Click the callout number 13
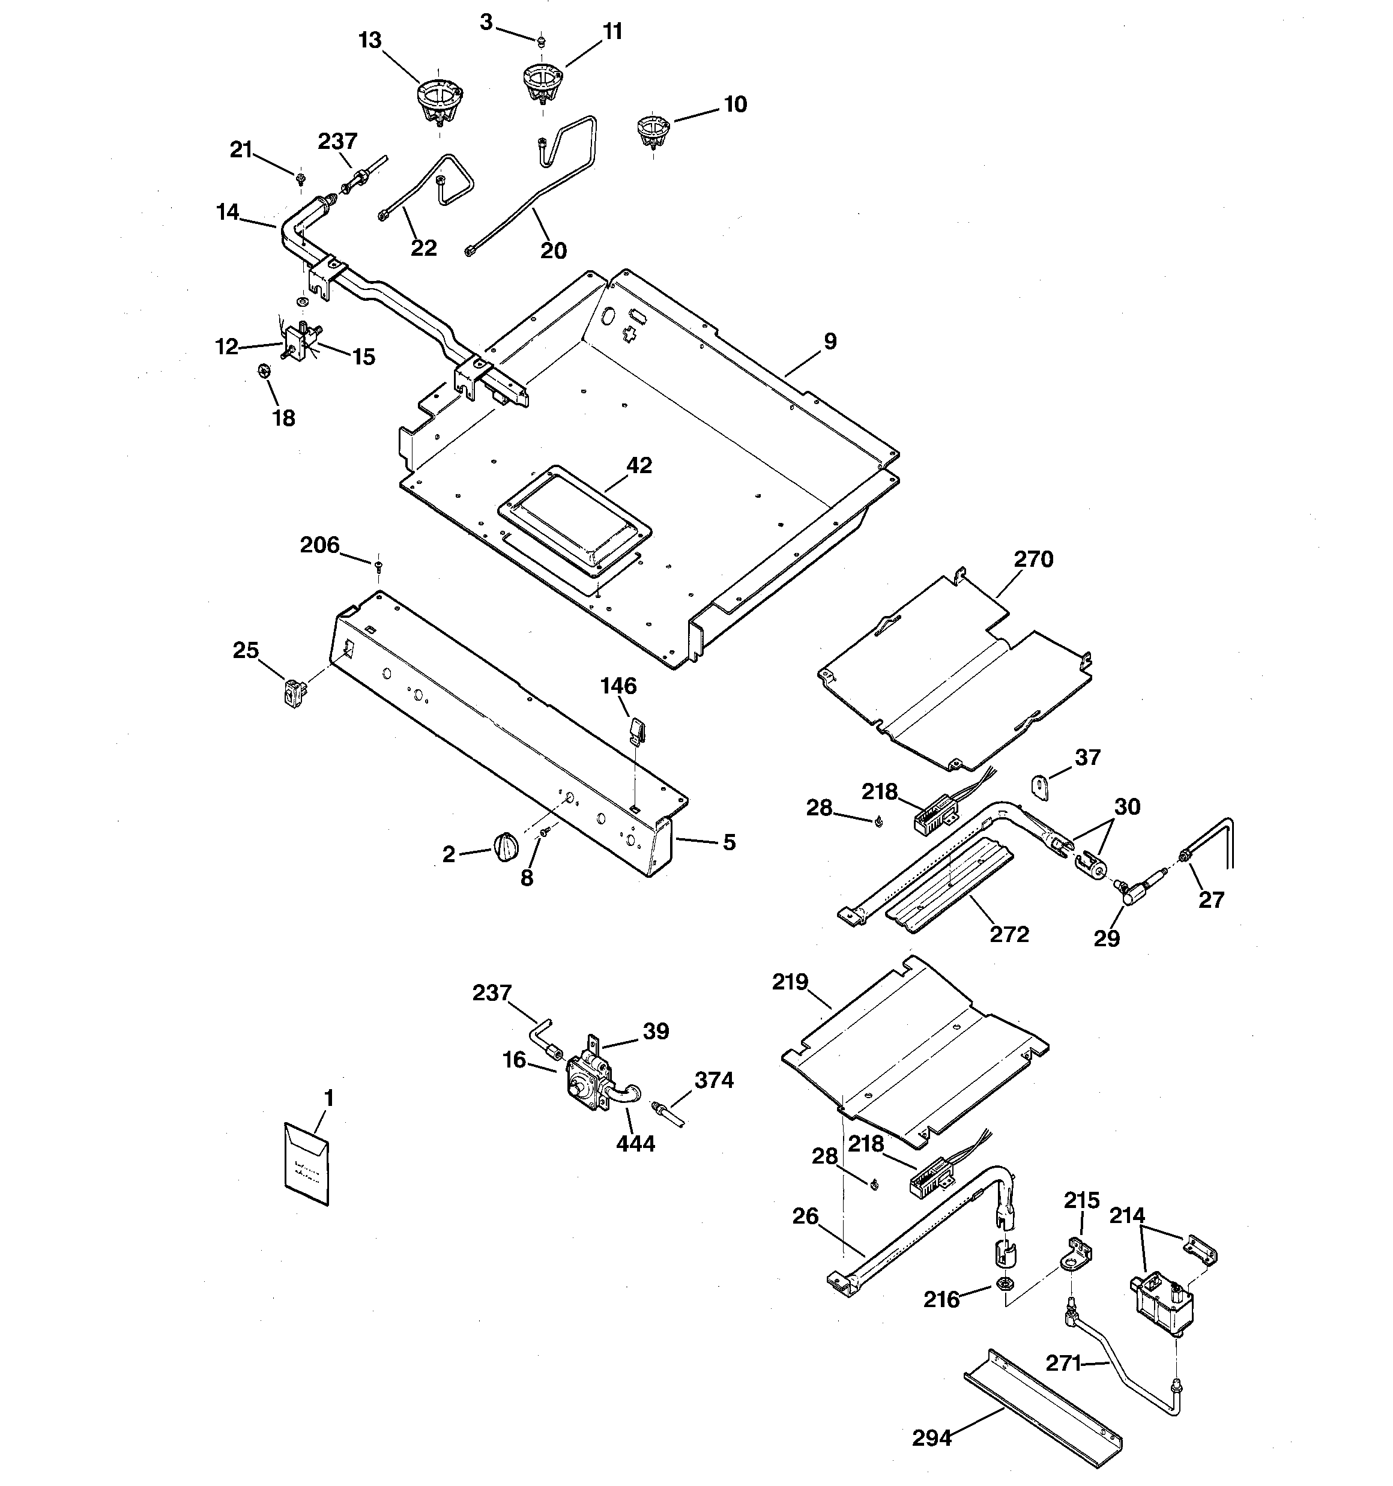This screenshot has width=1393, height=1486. point(369,40)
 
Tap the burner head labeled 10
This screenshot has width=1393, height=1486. point(651,128)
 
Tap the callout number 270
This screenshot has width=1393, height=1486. point(1033,559)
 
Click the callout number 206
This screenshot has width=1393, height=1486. point(319,545)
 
